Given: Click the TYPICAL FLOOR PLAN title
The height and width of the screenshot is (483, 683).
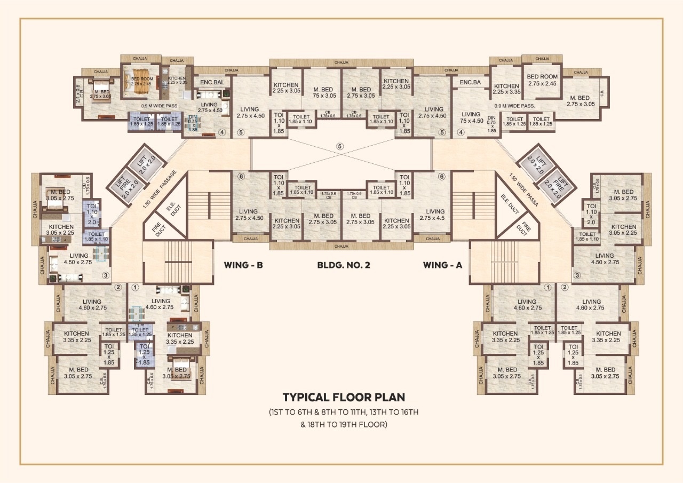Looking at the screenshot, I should click(x=344, y=398).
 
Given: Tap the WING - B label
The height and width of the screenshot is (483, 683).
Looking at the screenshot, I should click(x=244, y=264).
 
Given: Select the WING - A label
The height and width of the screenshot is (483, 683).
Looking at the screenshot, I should click(x=442, y=264).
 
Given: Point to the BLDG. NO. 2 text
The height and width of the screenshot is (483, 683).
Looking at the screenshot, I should click(x=343, y=264).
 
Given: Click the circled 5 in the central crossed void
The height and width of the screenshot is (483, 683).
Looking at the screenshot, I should click(x=340, y=146).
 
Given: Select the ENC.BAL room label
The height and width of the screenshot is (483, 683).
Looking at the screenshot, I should click(x=212, y=83).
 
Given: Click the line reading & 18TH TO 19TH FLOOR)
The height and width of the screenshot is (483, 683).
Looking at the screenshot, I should click(x=343, y=425).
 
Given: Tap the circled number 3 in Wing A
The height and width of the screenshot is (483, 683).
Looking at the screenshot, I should click(x=576, y=276).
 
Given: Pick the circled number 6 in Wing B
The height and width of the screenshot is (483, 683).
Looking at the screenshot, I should click(x=241, y=177).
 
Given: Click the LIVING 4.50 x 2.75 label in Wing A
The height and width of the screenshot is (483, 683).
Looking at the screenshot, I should click(x=605, y=259).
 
